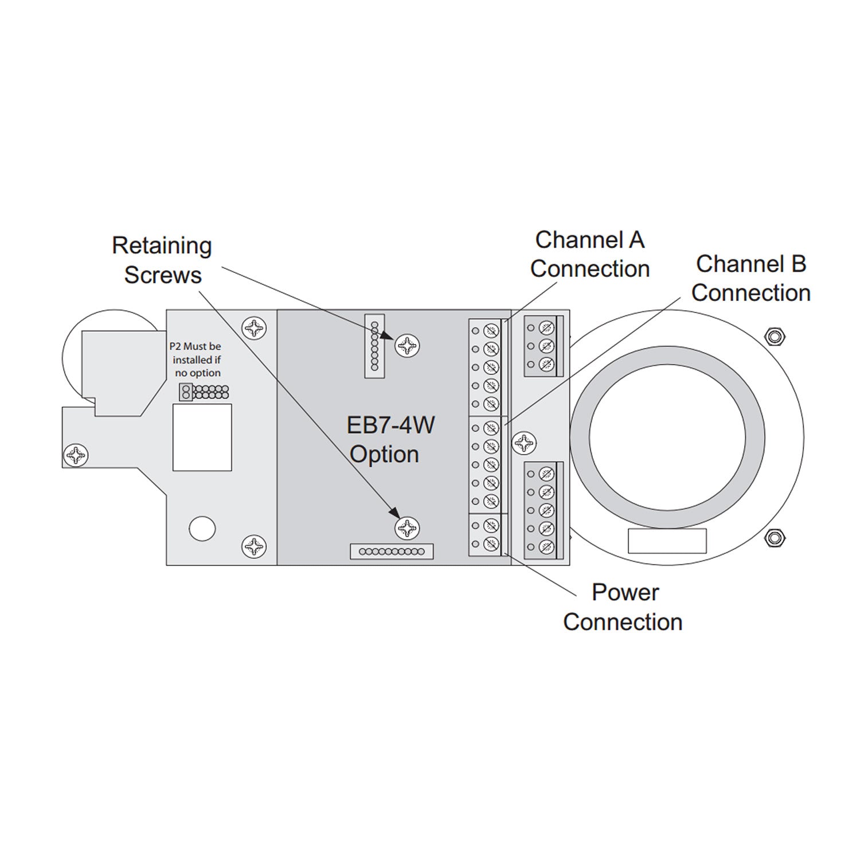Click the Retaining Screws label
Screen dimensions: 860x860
pyautogui.click(x=162, y=260)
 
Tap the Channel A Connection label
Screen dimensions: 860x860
pyautogui.click(x=589, y=254)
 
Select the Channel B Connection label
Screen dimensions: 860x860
pyautogui.click(x=750, y=278)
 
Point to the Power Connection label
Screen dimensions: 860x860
pyautogui.click(x=623, y=607)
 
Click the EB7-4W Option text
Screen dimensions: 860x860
pyautogui.click(x=391, y=439)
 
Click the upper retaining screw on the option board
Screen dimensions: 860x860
pyautogui.click(x=407, y=345)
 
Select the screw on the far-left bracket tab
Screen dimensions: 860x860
pyautogui.click(x=76, y=455)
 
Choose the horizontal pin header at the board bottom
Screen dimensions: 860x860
pyautogui.click(x=392, y=552)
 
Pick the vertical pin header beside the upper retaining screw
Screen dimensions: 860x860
pyautogui.click(x=374, y=346)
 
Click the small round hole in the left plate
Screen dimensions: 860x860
pyautogui.click(x=202, y=528)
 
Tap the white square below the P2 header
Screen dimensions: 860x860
pyautogui.click(x=202, y=437)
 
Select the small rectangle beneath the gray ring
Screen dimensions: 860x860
pyautogui.click(x=667, y=541)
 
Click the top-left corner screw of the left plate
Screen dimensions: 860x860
pyautogui.click(x=254, y=329)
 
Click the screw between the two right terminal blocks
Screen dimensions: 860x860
pyautogui.click(x=523, y=442)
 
